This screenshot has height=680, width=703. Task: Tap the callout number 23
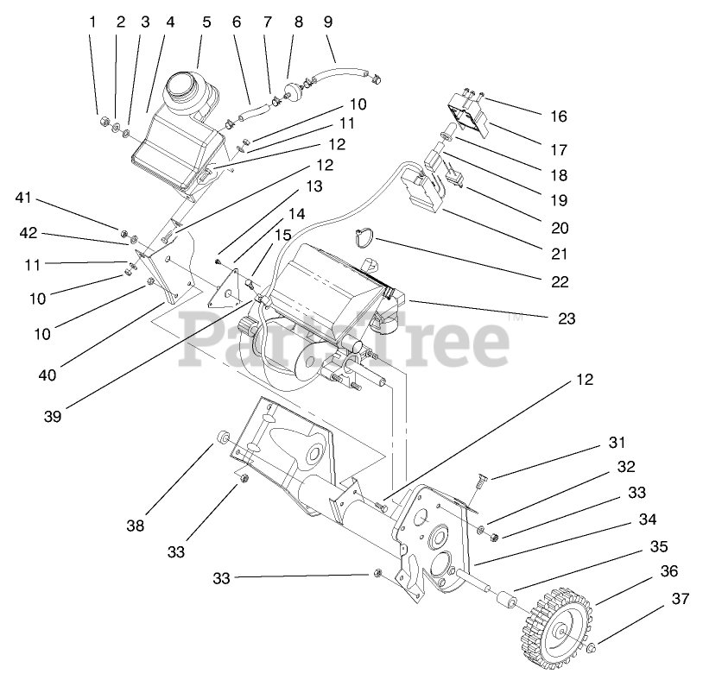pyautogui.click(x=567, y=318)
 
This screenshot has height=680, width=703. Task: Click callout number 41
pyautogui.click(x=23, y=198)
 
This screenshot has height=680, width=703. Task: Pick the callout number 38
pyautogui.click(x=135, y=526)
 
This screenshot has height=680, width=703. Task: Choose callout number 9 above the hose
pyautogui.click(x=327, y=22)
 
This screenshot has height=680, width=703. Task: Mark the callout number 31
pyautogui.click(x=616, y=443)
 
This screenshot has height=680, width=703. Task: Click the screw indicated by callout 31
pyautogui.click(x=478, y=489)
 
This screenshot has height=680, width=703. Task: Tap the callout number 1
pyautogui.click(x=92, y=22)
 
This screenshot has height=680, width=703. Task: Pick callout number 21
pyautogui.click(x=558, y=254)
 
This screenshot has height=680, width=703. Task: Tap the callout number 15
pyautogui.click(x=282, y=234)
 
